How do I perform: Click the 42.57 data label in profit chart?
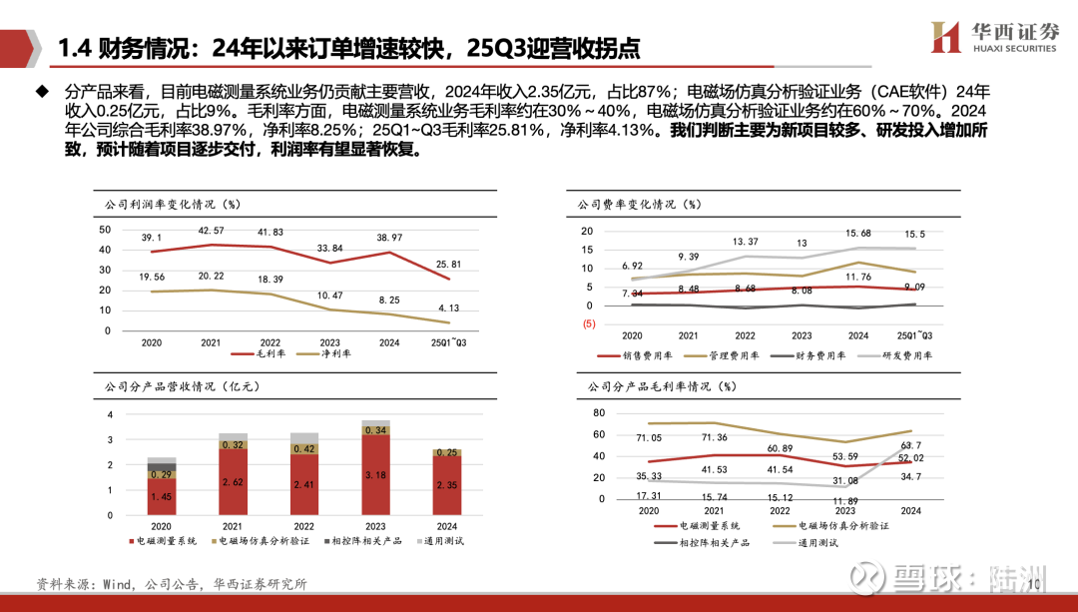tap(211, 232)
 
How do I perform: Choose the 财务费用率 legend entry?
tap(817, 355)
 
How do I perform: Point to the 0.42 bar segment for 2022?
tap(303, 449)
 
